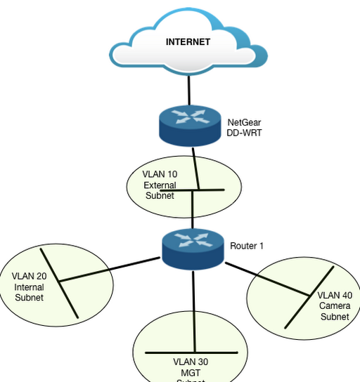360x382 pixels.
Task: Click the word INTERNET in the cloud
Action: (188, 42)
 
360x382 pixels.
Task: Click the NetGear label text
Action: (244, 122)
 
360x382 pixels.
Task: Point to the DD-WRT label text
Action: (244, 132)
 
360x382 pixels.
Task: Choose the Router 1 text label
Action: (247, 246)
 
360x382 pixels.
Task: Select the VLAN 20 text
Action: (30, 277)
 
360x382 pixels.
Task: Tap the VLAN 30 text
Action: (191, 362)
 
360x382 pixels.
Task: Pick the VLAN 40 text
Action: (334, 296)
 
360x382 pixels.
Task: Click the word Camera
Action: (335, 306)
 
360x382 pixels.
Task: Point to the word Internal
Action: (30, 287)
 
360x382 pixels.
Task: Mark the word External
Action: (160, 185)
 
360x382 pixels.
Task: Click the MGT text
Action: (191, 373)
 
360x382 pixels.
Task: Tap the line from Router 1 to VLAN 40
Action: (267, 279)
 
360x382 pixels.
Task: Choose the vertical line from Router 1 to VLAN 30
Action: (191, 309)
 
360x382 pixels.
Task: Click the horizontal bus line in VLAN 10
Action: (211, 190)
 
